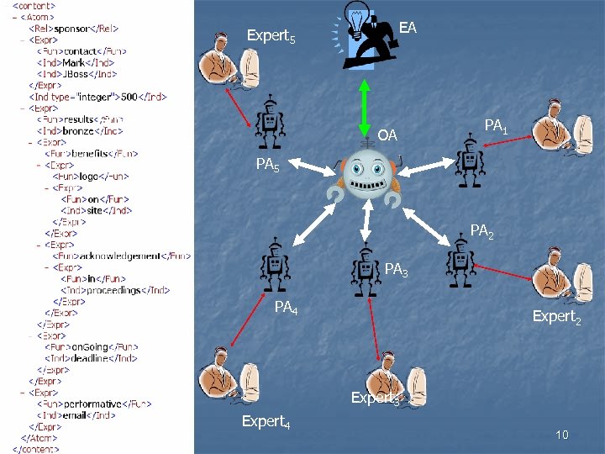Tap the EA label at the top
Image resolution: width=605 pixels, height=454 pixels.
[408, 28]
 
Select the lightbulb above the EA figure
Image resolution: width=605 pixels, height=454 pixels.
[358, 18]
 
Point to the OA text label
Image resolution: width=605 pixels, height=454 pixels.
[387, 135]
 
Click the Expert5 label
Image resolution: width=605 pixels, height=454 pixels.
[271, 36]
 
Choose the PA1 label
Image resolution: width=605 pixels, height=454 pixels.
[496, 126]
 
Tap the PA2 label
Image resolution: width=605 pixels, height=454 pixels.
[481, 230]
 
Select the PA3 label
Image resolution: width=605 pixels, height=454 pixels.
[397, 270]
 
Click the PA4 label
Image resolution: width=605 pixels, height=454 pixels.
[287, 307]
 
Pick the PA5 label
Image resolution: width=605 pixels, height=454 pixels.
[268, 165]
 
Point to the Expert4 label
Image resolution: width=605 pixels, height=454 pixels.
[266, 421]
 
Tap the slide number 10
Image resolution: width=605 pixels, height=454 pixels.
[562, 435]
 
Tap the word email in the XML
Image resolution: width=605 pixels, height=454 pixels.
[82, 415]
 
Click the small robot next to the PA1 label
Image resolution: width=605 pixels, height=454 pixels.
[468, 160]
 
